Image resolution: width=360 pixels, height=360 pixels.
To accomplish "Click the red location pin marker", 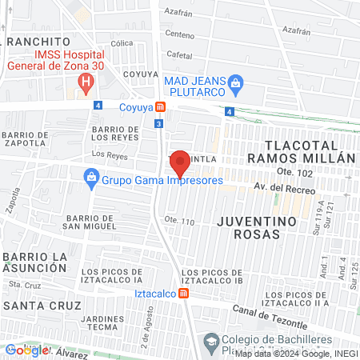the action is tap(180, 161).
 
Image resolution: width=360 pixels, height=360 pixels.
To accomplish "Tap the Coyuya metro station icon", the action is tap(161, 106).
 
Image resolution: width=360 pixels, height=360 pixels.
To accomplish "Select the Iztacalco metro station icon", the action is tap(185, 294).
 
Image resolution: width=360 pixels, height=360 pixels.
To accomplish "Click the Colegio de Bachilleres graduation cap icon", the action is tap(210, 342).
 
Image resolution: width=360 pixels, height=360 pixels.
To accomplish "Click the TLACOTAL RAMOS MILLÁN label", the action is tap(309, 151).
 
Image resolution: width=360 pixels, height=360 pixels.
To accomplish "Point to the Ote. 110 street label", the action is tap(179, 220).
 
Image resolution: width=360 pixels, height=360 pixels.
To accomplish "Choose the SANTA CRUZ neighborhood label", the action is tap(42, 306).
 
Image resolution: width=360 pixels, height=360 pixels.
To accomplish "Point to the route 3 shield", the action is tap(159, 123).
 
